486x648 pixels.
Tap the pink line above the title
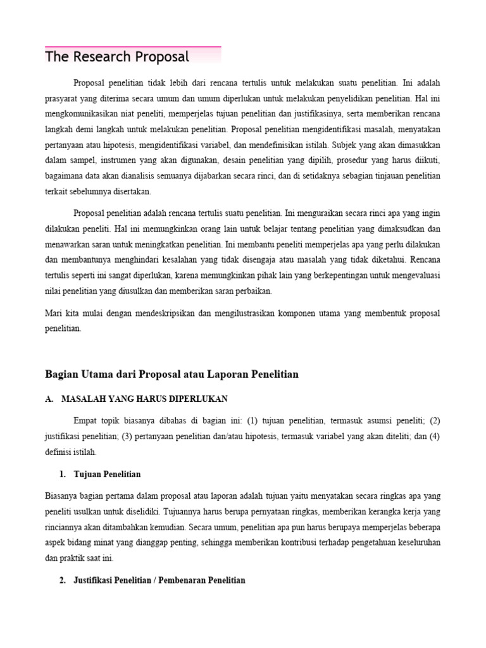[133, 47]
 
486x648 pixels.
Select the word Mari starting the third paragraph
[54, 313]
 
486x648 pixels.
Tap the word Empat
[87, 421]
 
